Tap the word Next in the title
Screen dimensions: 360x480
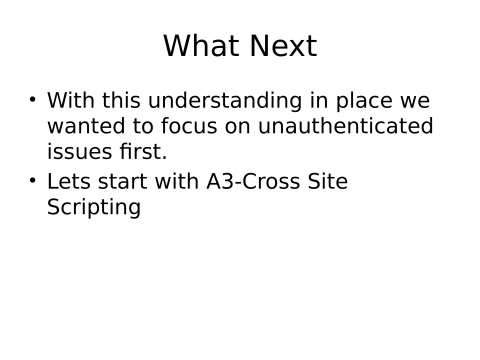tap(281, 46)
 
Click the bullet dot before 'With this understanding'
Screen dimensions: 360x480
tap(32, 100)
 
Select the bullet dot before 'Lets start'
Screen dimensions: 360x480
tap(32, 181)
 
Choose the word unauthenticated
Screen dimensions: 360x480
tap(346, 127)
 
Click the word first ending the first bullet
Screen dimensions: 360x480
tap(141, 153)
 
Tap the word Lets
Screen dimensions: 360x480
tap(68, 182)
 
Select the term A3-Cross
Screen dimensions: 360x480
tap(249, 182)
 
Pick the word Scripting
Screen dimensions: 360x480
tap(94, 208)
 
